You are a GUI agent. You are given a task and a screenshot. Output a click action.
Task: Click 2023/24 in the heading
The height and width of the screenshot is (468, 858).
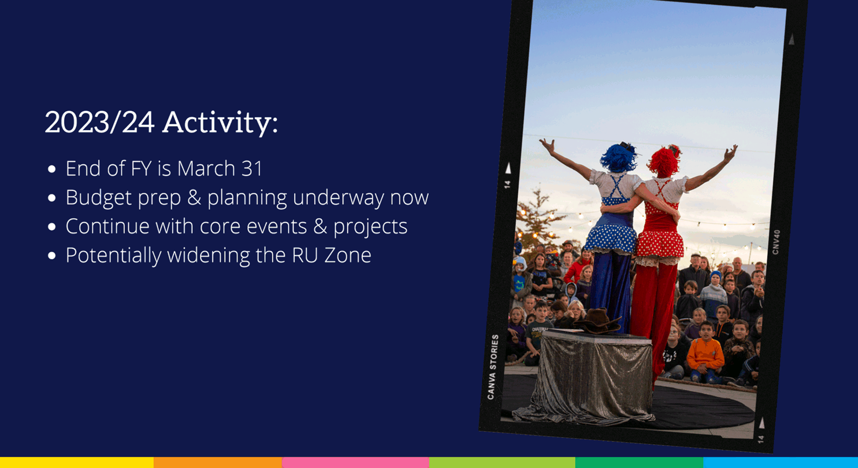click(x=99, y=123)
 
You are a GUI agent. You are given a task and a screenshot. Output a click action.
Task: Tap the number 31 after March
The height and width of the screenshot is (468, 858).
click(x=252, y=168)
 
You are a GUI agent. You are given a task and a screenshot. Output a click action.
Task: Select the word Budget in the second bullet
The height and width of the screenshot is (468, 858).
click(x=98, y=198)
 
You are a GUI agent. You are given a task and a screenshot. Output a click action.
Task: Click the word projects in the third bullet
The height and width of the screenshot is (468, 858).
click(x=370, y=227)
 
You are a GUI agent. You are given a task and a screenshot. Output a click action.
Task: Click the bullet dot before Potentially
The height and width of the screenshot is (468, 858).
click(x=51, y=256)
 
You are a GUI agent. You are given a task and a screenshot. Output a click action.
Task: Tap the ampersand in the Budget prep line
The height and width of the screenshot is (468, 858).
click(x=194, y=197)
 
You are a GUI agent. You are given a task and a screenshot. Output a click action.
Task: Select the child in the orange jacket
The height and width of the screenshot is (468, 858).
click(x=705, y=353)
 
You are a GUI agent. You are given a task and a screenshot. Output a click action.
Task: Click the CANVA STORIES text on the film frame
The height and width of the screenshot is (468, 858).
click(x=493, y=367)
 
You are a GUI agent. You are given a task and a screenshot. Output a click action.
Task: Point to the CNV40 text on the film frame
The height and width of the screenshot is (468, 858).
click(x=776, y=242)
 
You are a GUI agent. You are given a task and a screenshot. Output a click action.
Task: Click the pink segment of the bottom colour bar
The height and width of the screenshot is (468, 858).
click(x=355, y=462)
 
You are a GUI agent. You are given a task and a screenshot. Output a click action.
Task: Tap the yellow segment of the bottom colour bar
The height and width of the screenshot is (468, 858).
click(x=77, y=462)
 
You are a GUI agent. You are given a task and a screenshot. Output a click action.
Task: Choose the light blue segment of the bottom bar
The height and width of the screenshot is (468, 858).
click(x=781, y=462)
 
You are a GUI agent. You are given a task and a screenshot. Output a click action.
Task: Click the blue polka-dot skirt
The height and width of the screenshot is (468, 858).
click(x=610, y=238)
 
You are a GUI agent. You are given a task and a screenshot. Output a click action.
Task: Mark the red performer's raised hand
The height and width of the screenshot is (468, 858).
click(x=730, y=153)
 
